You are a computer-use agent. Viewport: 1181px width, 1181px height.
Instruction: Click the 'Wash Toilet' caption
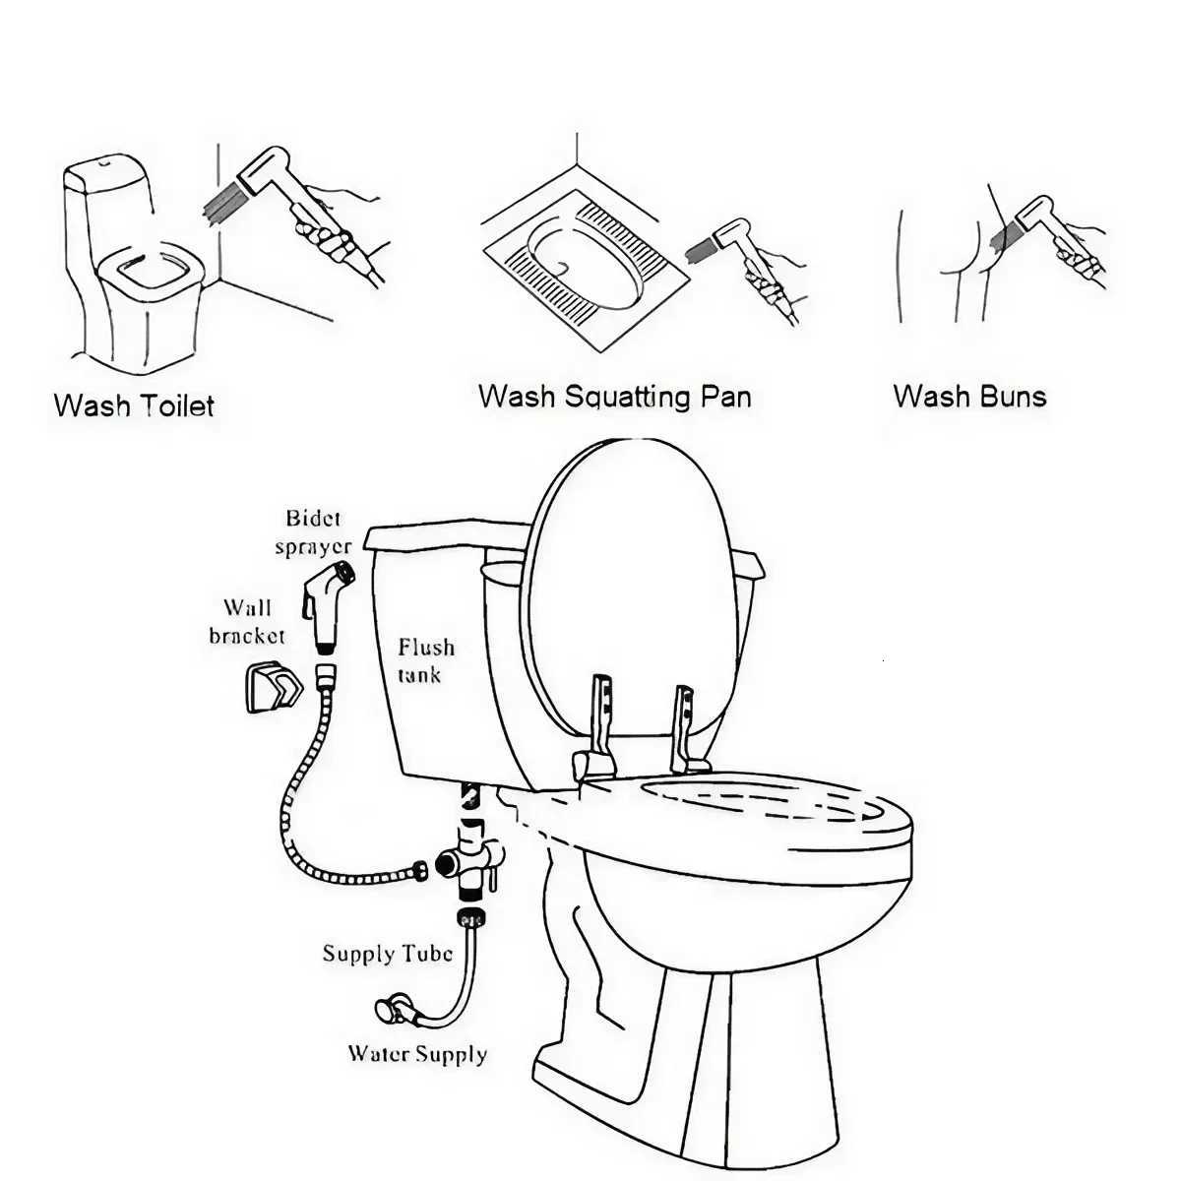click(134, 405)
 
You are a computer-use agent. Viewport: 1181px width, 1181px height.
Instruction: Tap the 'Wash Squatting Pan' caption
click(614, 397)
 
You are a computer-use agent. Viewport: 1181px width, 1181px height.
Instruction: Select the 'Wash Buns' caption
click(969, 397)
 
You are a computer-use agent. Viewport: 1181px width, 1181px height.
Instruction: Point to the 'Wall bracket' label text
click(247, 621)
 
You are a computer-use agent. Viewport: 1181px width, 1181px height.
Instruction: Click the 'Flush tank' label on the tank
click(425, 660)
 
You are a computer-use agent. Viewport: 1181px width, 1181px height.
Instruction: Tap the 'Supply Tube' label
click(388, 953)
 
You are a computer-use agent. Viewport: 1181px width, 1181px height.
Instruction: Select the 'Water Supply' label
click(417, 1054)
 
